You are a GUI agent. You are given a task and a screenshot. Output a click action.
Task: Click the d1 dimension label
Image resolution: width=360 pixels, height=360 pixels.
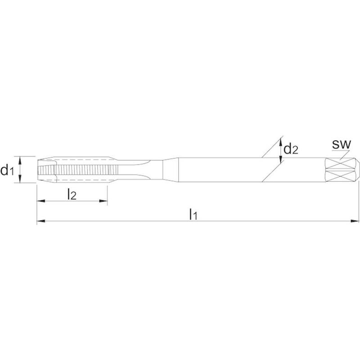7,171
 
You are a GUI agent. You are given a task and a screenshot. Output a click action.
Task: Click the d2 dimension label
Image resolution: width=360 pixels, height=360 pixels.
291,148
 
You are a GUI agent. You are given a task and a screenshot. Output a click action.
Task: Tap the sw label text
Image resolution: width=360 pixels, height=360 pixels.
342,144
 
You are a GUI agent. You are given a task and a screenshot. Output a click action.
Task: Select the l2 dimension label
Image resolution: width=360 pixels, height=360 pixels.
72,194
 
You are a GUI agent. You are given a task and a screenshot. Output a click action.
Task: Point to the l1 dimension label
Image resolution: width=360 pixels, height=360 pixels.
193,214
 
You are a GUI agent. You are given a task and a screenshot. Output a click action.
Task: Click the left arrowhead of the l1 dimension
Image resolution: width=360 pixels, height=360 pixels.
40,221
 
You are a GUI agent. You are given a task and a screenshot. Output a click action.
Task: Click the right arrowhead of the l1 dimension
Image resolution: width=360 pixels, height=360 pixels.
355,221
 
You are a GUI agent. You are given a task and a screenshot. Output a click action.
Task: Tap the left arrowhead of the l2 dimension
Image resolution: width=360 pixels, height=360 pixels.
41,201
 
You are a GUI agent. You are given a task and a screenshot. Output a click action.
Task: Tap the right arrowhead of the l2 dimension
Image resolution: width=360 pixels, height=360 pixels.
103,201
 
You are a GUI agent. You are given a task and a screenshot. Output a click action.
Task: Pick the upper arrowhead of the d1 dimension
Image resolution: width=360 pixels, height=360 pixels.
20,160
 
